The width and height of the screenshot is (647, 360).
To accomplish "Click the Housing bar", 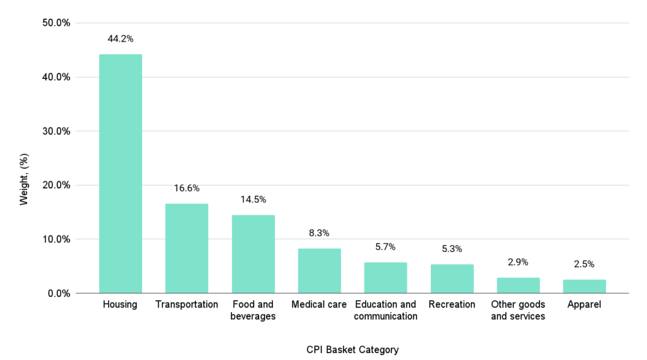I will pos(120,174).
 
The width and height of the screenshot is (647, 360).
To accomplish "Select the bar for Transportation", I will pos(186,248).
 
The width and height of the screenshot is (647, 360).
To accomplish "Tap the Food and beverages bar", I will pos(253,254).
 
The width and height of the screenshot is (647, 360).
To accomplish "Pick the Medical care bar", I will pos(319,271).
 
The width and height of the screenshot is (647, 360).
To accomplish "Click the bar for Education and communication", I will pos(385,278).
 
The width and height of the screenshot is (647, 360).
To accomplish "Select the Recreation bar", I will pos(452,279).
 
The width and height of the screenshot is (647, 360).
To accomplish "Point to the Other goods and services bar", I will pos(518,285).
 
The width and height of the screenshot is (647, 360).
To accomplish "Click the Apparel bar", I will pos(584,286).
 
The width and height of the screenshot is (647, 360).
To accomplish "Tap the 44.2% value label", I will pos(120,39).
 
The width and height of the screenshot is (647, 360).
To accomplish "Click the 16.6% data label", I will pos(186,188).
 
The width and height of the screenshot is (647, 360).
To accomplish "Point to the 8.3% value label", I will pos(319,233).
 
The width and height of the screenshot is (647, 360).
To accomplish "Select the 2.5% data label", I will pos(584,264).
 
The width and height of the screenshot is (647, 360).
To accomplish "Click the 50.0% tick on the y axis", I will pos(55,23).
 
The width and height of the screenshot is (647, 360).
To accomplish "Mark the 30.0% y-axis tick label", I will pos(55,131).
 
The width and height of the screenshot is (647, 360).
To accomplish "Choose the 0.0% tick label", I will pos(57,293).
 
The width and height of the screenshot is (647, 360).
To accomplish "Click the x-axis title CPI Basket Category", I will pos(353,349).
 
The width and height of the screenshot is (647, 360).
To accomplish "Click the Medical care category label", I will pos(319,304).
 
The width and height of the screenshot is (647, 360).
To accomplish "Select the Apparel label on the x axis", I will pos(584,304).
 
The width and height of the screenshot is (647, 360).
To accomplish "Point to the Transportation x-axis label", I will pos(186,304).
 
